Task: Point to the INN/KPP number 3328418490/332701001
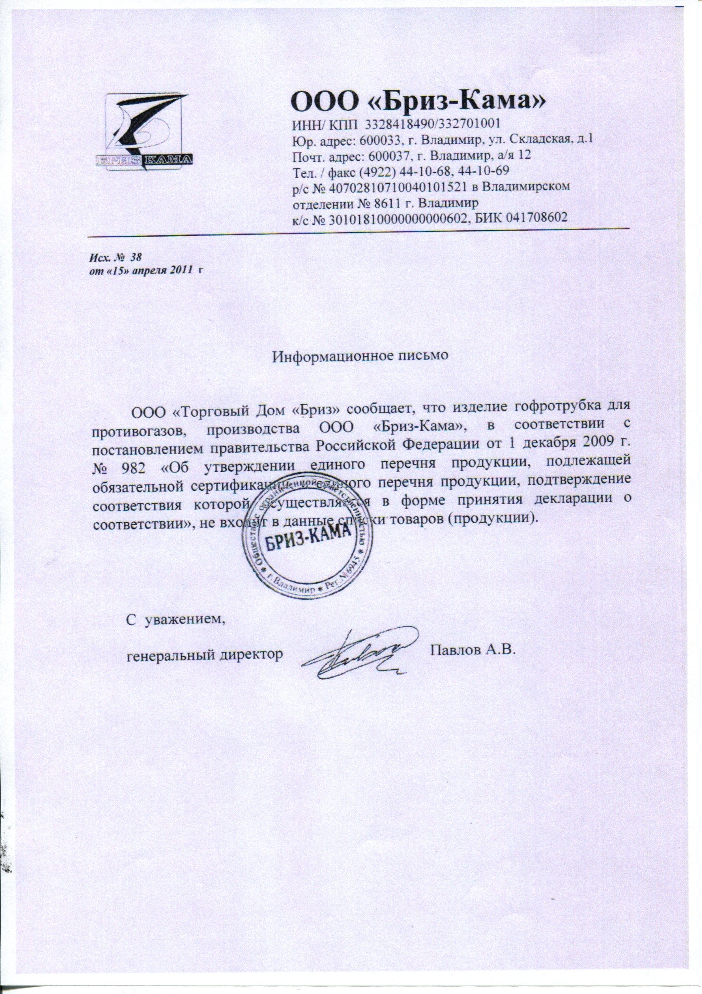433,124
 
